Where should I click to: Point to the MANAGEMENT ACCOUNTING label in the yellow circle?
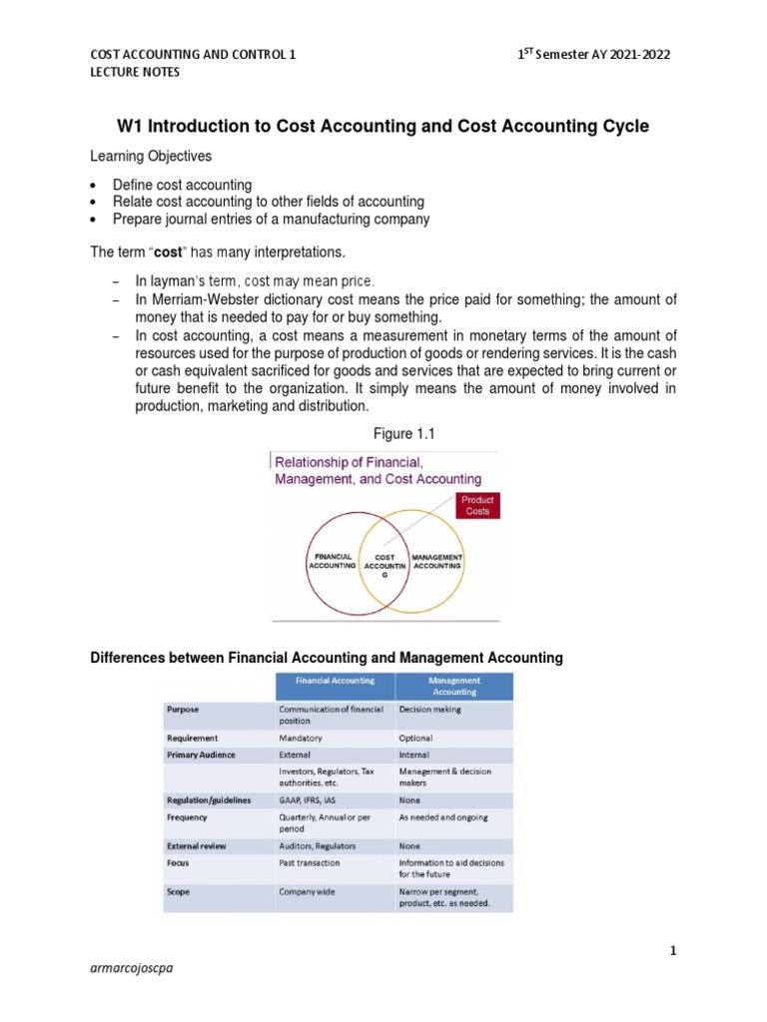[x=437, y=561]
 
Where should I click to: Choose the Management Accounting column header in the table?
[x=454, y=685]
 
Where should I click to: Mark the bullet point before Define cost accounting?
[x=93, y=186]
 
